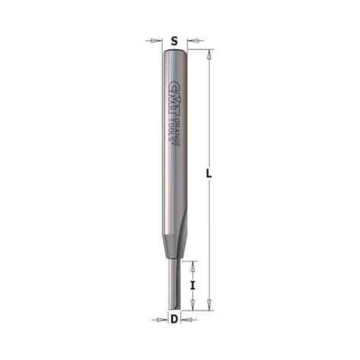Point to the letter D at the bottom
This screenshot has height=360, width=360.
(x=175, y=319)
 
